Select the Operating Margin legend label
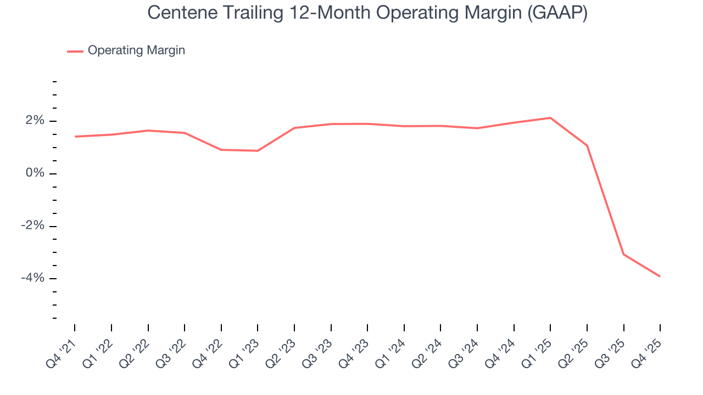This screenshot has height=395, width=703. click(x=136, y=50)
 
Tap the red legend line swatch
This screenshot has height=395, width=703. click(x=75, y=51)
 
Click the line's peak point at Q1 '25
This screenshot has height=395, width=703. click(x=550, y=118)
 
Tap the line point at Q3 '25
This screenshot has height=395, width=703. click(x=623, y=254)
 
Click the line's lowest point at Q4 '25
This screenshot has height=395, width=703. click(x=660, y=276)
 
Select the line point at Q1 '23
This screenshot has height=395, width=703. click(x=258, y=151)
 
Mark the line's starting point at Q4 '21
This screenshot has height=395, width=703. click(x=75, y=137)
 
